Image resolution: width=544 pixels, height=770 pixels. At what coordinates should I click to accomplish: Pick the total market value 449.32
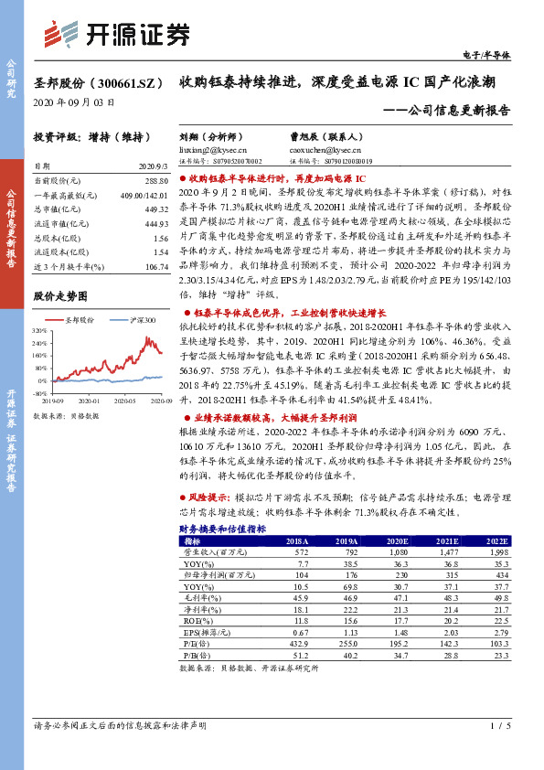[x=156, y=209]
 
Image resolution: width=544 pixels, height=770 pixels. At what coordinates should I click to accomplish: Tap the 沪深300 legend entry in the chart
[x=136, y=320]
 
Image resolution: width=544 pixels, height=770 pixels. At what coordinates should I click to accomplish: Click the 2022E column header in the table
[x=496, y=541]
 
